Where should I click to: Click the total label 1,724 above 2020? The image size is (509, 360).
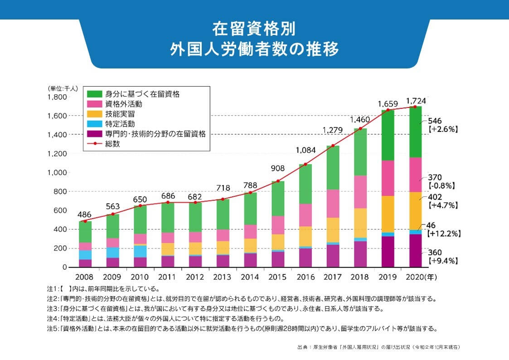click(x=416, y=100)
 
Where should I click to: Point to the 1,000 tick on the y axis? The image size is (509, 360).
click(x=58, y=173)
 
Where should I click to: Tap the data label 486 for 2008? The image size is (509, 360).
click(x=85, y=214)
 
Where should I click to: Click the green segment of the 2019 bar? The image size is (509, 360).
click(x=388, y=135)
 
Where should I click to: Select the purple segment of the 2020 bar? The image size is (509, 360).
click(x=415, y=251)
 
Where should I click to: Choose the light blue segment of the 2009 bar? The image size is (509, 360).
click(x=113, y=253)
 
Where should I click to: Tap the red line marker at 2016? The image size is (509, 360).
click(x=305, y=164)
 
